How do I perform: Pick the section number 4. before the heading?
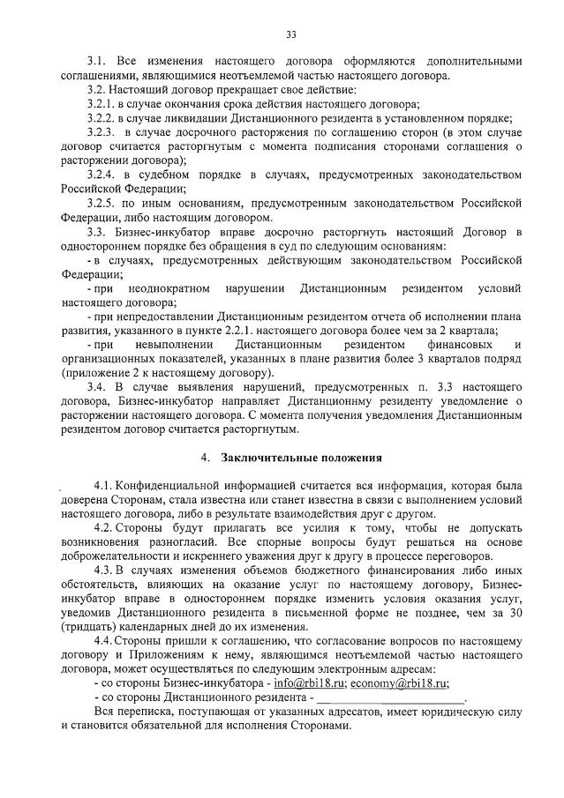click(x=205, y=459)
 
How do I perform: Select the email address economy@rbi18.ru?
click(x=398, y=684)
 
